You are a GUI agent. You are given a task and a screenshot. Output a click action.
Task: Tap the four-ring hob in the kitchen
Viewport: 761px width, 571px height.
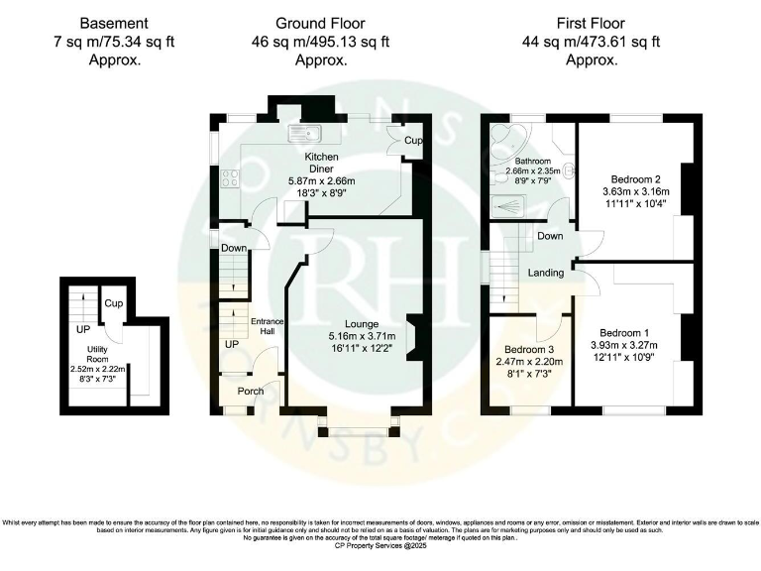(x=228, y=178)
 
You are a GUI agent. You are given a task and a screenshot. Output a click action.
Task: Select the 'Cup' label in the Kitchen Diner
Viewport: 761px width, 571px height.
(x=412, y=142)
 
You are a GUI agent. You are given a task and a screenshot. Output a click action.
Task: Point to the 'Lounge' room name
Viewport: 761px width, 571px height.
(x=361, y=323)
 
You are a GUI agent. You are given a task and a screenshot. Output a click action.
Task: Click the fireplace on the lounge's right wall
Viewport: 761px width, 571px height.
(x=417, y=337)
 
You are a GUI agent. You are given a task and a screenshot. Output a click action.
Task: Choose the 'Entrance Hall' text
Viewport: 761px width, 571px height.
(x=267, y=327)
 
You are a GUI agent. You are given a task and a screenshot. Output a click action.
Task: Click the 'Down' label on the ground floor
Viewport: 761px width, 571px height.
(x=234, y=248)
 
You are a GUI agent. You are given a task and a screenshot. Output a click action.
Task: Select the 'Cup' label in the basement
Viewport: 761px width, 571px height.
(x=113, y=303)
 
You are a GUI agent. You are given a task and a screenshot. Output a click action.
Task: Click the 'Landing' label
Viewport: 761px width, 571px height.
(x=546, y=273)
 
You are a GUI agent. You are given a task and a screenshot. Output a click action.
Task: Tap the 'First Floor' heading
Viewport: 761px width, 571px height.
(x=592, y=23)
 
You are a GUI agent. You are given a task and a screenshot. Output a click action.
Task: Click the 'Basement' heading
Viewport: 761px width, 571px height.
(x=114, y=23)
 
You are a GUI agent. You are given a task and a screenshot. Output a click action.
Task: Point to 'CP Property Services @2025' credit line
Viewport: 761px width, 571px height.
(x=380, y=545)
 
